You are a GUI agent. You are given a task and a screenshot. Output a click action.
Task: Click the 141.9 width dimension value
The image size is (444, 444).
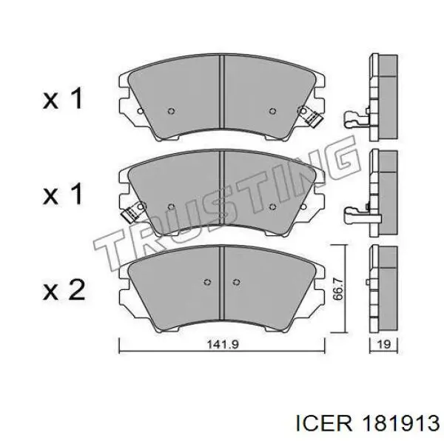click(223, 344)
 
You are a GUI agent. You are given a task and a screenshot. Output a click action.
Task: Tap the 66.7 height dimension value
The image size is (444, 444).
click(338, 289)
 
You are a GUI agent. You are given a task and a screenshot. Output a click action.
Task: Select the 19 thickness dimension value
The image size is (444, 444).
click(384, 344)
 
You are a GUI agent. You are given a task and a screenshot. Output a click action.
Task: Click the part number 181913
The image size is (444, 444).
click(400, 424)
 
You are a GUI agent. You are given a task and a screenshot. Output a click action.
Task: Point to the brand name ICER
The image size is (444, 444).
click(324, 424)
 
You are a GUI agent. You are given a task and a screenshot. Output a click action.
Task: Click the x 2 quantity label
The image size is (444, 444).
click(64, 289)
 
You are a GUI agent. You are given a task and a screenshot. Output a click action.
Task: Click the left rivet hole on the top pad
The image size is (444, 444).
click(171, 111)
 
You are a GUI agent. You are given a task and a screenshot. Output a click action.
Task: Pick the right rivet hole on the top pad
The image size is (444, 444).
click(272, 111)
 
